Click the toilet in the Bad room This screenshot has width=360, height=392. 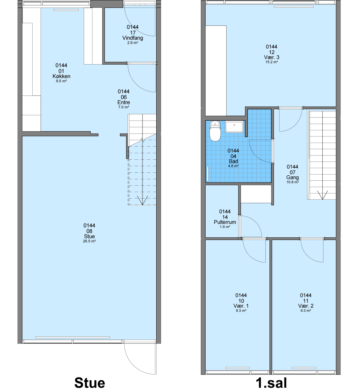215,131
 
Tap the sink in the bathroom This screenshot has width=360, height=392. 234,127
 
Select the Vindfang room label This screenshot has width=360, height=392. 133,38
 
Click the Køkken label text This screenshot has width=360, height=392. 61,76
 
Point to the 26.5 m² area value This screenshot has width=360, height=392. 90,241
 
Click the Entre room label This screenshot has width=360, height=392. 124,102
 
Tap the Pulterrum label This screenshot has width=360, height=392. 225,222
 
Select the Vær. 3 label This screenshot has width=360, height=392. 272,57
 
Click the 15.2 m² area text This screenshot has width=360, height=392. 272,62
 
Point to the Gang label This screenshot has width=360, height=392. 293,177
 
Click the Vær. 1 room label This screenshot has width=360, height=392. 241,306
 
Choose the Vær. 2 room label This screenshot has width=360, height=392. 306,306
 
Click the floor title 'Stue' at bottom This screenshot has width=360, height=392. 90,383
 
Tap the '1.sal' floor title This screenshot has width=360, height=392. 272,383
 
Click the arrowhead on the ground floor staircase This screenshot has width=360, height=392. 142,200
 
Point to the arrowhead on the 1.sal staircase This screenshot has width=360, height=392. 322,195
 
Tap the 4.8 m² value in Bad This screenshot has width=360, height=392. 233,166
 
